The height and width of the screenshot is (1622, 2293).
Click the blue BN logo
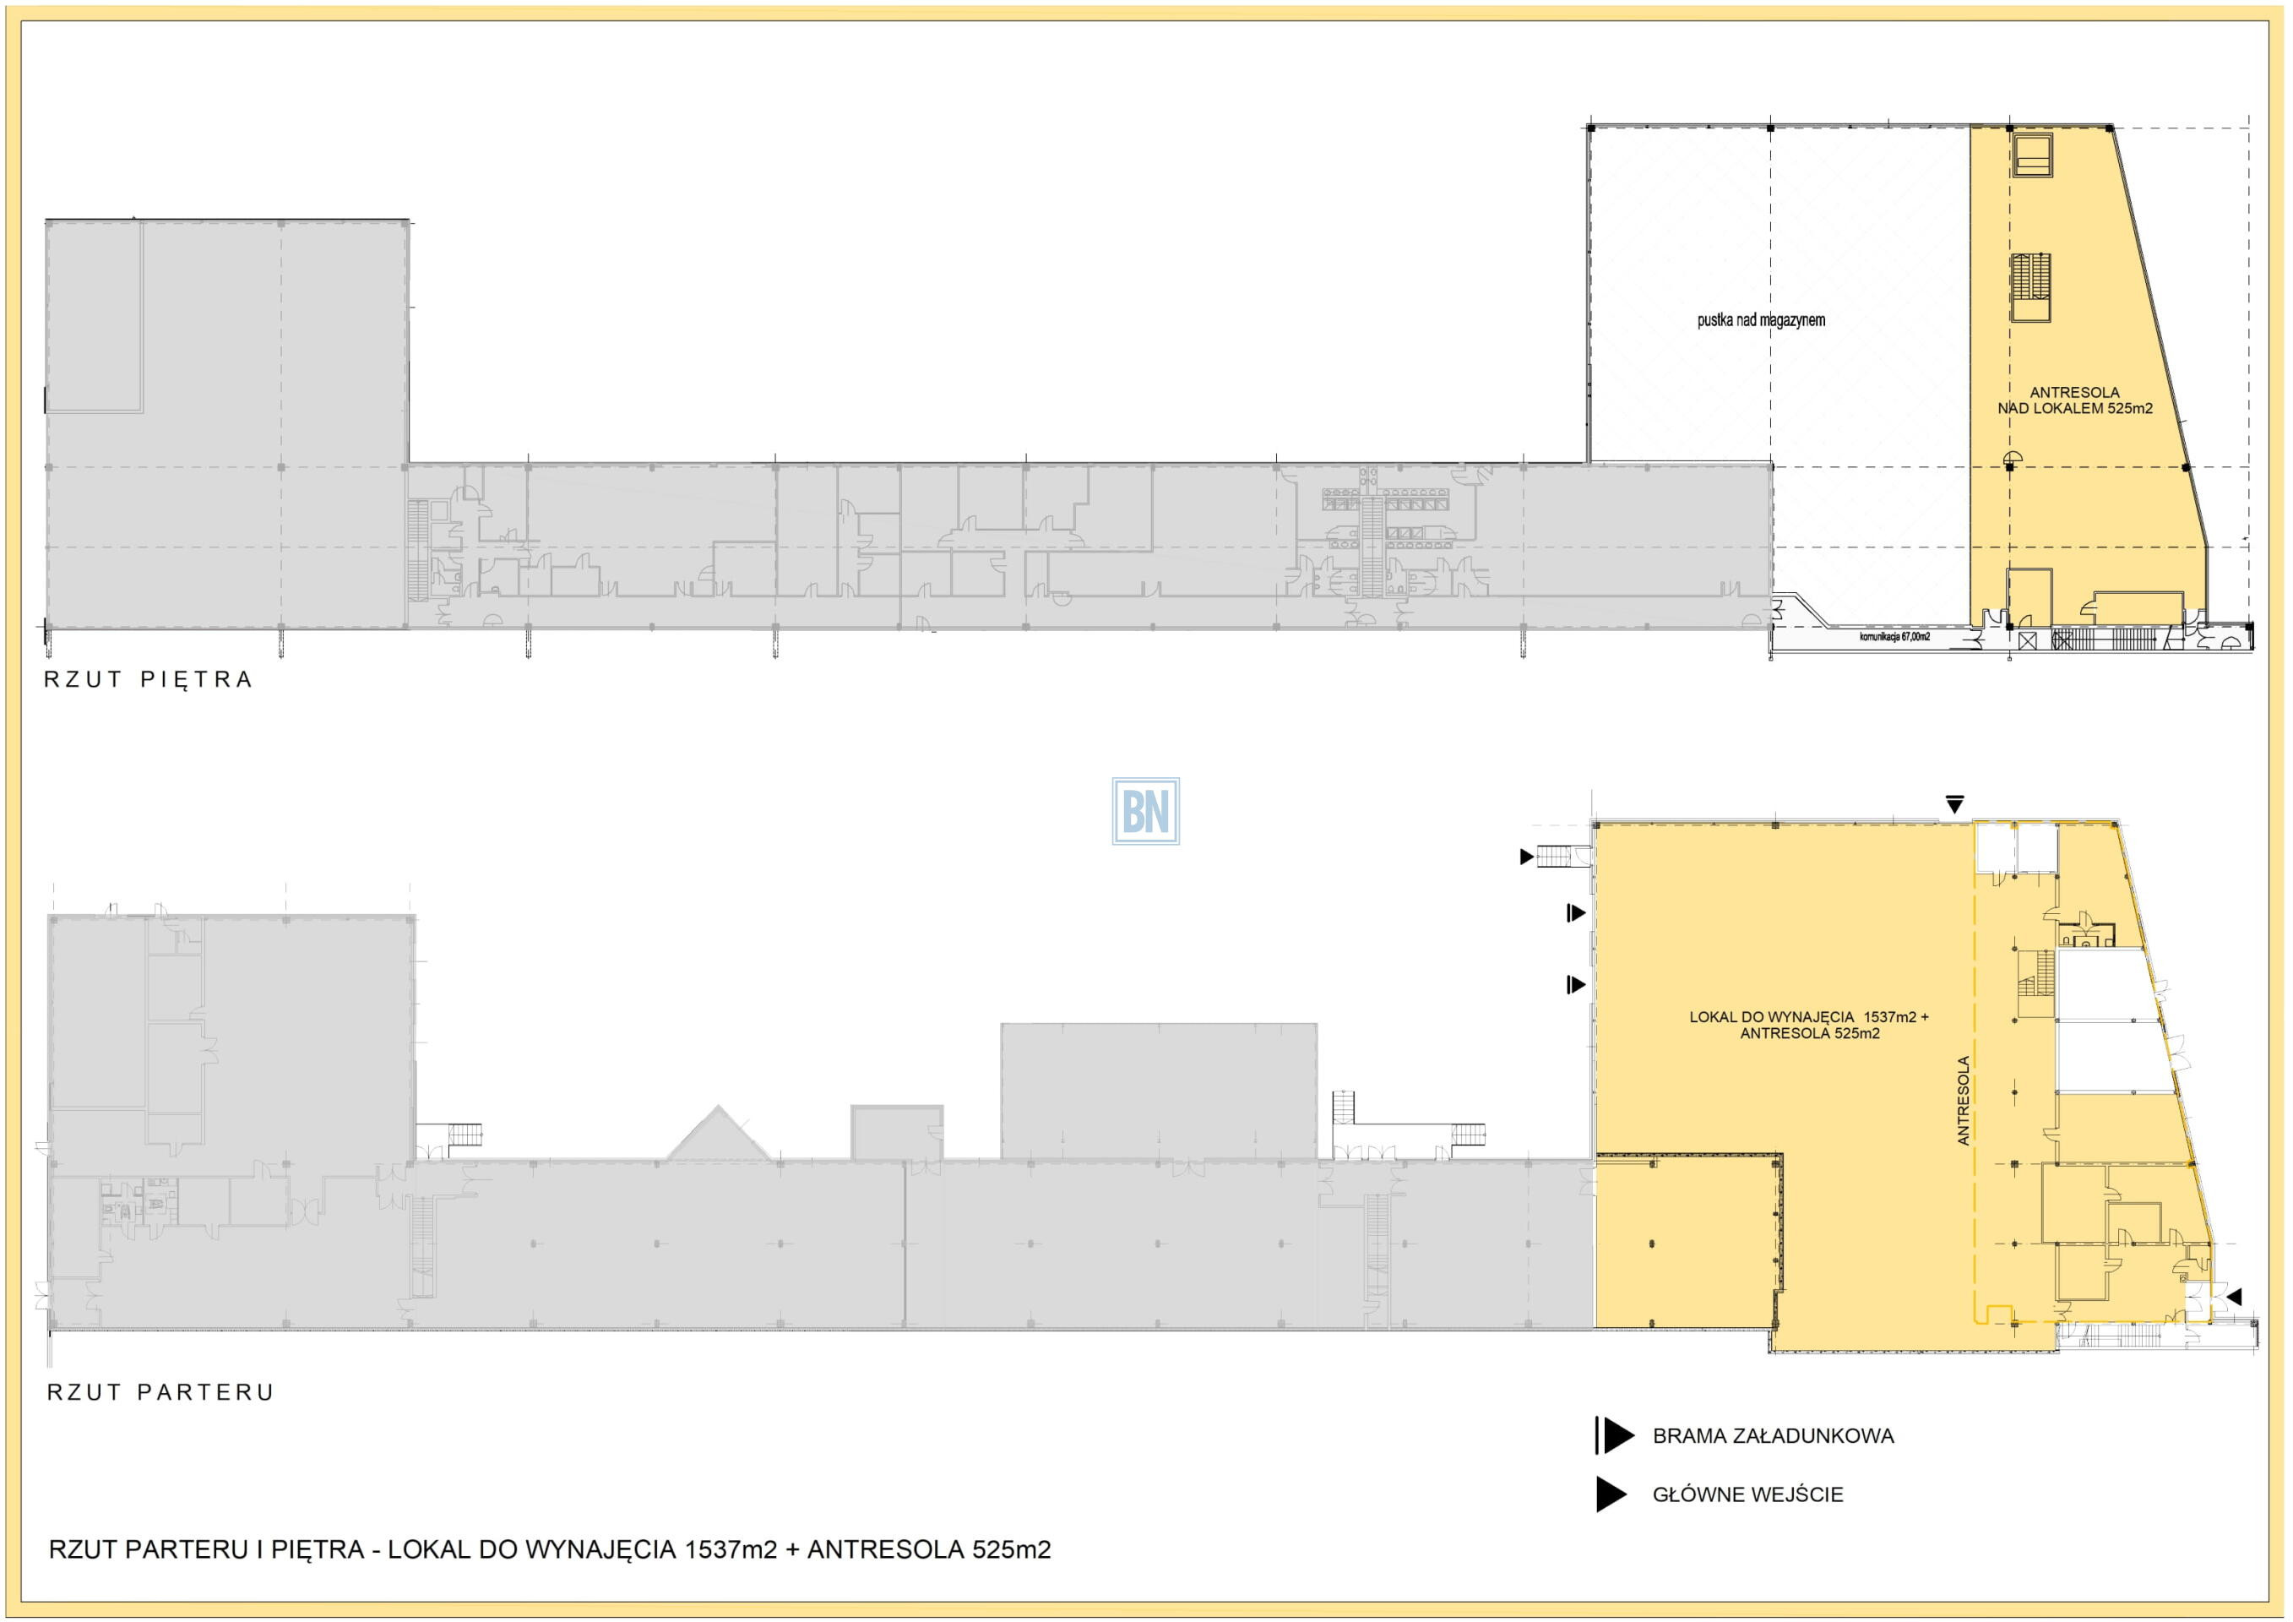[x=1145, y=811]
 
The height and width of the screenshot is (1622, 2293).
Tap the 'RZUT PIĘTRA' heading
[x=149, y=680]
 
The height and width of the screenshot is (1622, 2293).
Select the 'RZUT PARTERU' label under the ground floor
[x=160, y=1392]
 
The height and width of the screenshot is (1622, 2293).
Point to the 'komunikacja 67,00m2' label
[x=1894, y=636]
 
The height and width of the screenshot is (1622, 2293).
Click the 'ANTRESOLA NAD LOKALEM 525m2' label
[x=2074, y=400]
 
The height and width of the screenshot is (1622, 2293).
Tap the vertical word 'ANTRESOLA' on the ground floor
[x=1964, y=1101]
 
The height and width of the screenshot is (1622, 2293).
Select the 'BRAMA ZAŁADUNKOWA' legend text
[x=1773, y=1436]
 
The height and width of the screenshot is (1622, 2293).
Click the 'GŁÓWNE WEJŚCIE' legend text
[x=1747, y=1495]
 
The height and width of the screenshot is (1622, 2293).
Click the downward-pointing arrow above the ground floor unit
[x=1954, y=804]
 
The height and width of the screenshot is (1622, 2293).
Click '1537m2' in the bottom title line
[x=730, y=1550]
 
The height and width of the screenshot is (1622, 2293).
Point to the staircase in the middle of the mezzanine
[x=2030, y=287]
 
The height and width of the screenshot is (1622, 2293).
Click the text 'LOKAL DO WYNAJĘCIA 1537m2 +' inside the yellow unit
[x=1808, y=1017]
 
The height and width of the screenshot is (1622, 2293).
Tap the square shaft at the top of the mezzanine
[x=2031, y=155]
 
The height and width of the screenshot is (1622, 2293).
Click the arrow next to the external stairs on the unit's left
[x=1526, y=856]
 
